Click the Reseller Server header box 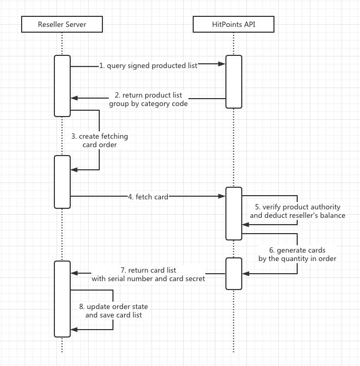pyautogui.click(x=62, y=24)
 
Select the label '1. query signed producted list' pyautogui.click(x=148, y=65)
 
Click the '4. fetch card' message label pyautogui.click(x=148, y=197)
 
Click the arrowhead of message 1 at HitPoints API pyautogui.click(x=224, y=64)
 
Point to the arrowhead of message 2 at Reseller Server pyautogui.click(x=74, y=98)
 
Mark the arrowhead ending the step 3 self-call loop pyautogui.click(x=74, y=169)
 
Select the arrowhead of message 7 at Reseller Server pyautogui.click(x=74, y=273)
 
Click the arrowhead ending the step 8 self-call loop pyautogui.click(x=74, y=330)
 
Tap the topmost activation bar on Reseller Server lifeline pyautogui.click(x=62, y=85)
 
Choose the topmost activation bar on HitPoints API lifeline pyautogui.click(x=234, y=82)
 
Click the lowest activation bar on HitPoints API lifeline pyautogui.click(x=234, y=273)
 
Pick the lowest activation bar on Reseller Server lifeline pyautogui.click(x=62, y=298)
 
